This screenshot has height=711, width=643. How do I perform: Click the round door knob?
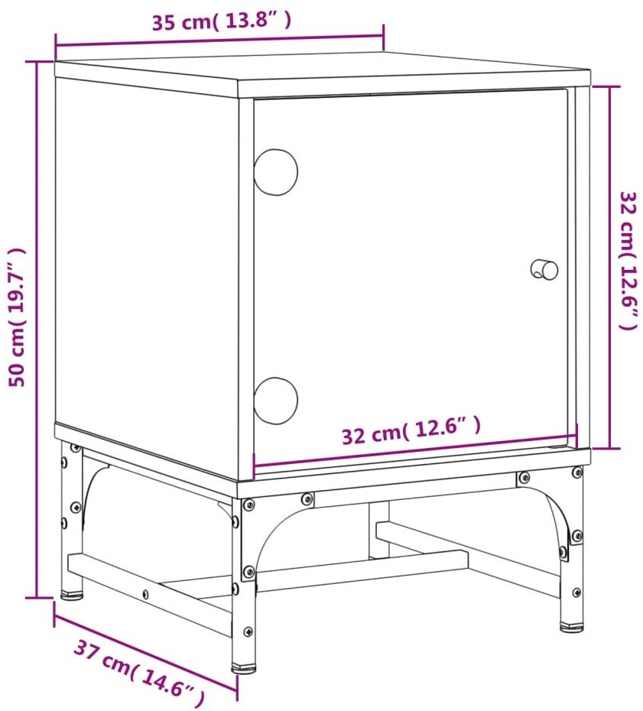click(544, 270)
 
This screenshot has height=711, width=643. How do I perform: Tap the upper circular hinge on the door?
click(276, 172)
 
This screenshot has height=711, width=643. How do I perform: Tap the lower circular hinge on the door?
click(276, 401)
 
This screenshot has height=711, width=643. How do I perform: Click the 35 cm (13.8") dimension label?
click(222, 21)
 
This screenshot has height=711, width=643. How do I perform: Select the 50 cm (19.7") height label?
click(17, 317)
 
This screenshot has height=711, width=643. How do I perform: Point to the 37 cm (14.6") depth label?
click(139, 670)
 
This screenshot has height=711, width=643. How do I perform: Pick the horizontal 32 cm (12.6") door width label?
click(411, 430)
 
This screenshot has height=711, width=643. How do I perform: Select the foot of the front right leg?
click(572, 627)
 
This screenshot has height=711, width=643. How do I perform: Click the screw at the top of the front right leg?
click(576, 472)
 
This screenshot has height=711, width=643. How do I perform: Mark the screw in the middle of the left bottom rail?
click(145, 593)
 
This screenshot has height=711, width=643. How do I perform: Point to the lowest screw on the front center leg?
click(248, 631)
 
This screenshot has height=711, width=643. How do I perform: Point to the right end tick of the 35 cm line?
click(384, 37)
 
